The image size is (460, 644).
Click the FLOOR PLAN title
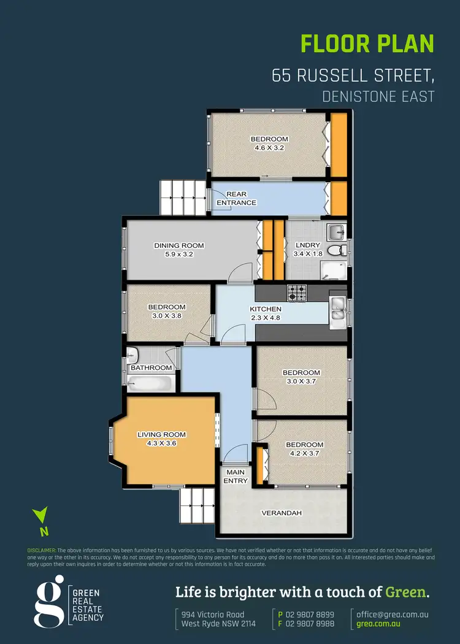coord(367,44)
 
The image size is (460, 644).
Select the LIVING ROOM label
coord(161,435)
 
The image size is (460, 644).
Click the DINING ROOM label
coord(178,246)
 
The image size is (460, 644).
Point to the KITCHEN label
coord(266,309)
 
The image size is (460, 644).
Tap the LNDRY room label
coord(307,245)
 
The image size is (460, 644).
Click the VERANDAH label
coord(282,513)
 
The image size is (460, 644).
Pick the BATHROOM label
coord(151,368)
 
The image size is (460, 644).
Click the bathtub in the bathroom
coord(150,383)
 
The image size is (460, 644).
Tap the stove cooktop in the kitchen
coord(297,293)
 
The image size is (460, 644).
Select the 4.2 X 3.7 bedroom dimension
coord(305,453)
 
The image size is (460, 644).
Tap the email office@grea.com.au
coord(393,614)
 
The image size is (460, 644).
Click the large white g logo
coord(48,601)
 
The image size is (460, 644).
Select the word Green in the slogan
coord(405,592)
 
